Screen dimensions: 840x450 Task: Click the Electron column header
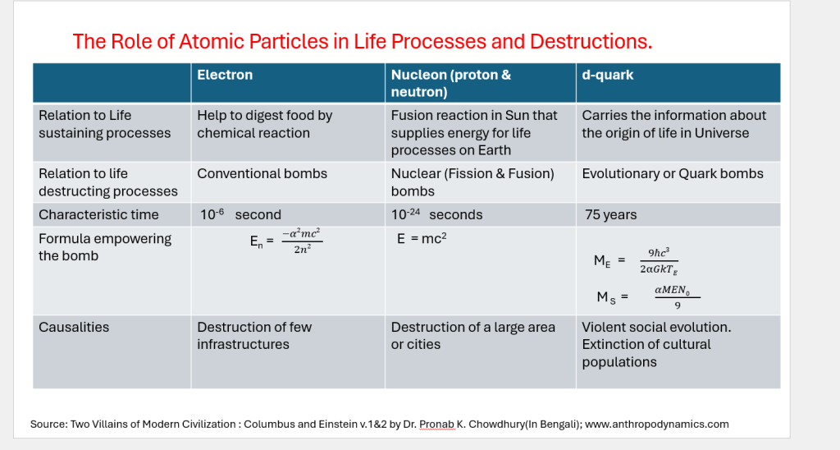click(225, 75)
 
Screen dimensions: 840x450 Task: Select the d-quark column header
click(608, 75)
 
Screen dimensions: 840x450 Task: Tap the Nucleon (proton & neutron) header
click(451, 83)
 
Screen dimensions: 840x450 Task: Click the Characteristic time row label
click(98, 214)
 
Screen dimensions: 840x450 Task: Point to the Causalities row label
click(74, 327)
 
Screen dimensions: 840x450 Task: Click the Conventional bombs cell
click(262, 174)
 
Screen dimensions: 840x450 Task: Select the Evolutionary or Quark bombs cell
click(673, 174)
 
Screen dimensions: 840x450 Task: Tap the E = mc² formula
click(422, 238)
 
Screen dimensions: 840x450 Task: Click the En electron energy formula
click(286, 241)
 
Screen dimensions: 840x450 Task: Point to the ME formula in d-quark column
click(637, 260)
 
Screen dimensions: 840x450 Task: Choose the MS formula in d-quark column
click(648, 297)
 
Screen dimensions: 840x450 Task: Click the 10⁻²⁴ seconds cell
click(436, 214)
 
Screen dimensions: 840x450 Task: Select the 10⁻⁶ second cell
click(240, 214)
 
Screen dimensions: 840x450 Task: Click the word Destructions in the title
click(591, 41)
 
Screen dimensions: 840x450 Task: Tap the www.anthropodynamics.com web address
click(657, 425)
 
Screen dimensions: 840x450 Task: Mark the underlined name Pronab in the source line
click(436, 425)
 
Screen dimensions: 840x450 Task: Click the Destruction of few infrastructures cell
click(254, 336)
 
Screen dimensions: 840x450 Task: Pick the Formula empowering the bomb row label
click(105, 247)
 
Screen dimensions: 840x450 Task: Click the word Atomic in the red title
click(209, 41)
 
